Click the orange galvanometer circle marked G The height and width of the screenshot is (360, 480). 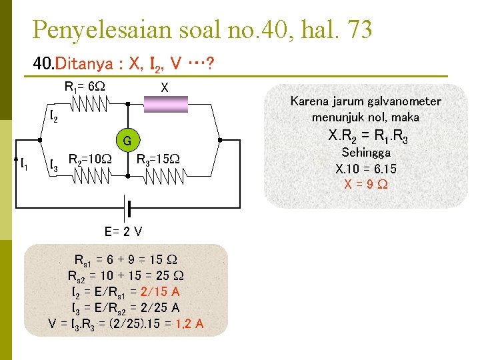[x=127, y=140]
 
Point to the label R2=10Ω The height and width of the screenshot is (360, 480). [x=90, y=159]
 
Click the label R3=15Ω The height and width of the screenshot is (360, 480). [x=158, y=159]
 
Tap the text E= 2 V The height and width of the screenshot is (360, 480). [x=123, y=231]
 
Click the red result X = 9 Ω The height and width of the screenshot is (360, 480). [x=365, y=184]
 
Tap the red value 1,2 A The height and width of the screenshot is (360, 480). [x=190, y=324]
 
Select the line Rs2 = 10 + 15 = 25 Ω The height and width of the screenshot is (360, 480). [x=126, y=275]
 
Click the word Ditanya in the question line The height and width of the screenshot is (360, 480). [x=84, y=65]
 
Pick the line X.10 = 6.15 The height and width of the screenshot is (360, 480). [x=365, y=169]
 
